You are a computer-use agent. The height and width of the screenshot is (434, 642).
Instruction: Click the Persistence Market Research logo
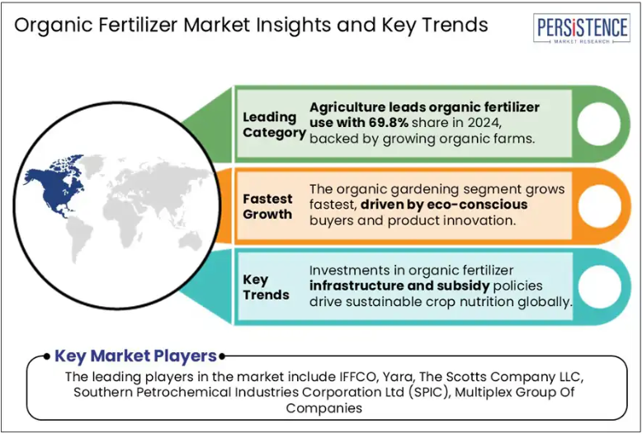582,28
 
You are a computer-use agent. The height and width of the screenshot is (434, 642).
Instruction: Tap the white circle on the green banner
599,124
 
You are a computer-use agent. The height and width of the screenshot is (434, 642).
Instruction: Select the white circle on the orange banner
599,206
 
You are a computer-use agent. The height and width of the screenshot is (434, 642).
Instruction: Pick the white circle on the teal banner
599,286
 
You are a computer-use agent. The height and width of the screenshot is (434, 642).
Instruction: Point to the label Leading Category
274,125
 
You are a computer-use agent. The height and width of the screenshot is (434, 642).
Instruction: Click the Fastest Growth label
267,206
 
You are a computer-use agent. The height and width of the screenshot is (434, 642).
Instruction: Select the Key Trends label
267,287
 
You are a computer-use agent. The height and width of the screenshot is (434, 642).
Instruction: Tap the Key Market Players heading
135,356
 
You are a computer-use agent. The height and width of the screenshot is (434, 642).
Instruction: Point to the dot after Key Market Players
221,356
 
